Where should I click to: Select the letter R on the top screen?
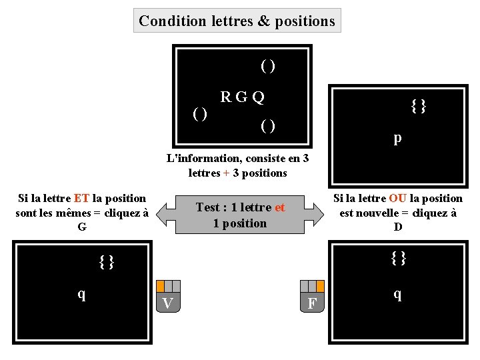[x=226, y=97]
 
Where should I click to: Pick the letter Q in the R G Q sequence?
[x=258, y=97]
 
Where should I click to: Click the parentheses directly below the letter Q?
[x=268, y=125]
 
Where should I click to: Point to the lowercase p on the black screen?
[x=397, y=138]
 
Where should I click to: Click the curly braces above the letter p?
[x=419, y=105]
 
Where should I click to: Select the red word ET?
[x=82, y=198]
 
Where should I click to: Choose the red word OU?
[x=398, y=198]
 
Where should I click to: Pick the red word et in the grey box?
[x=279, y=207]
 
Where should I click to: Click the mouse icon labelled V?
[x=168, y=296]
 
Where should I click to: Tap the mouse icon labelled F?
[x=311, y=297]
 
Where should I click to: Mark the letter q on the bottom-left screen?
[x=81, y=293]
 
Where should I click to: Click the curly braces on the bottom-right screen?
[x=399, y=257]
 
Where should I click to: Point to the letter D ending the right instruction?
[x=398, y=227]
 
